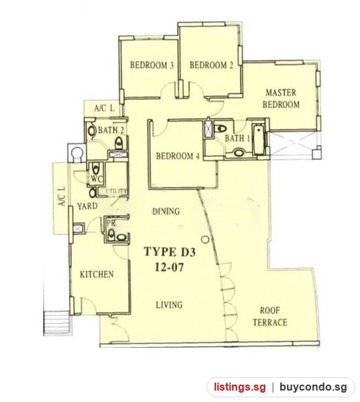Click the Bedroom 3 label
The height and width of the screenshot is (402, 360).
pos(152,65)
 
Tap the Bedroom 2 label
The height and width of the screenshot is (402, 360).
pos(211,65)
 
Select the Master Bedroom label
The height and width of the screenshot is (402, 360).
pos(281,98)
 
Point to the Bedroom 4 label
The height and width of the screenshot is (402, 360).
pos(178,156)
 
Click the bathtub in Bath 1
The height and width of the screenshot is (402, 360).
pos(258,139)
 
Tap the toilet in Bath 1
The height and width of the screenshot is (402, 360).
pos(221,128)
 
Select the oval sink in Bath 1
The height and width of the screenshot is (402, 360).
pos(239,153)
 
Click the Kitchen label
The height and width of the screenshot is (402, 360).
pos(97,275)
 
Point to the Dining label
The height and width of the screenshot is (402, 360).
pos(166,212)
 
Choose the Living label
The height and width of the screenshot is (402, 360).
pos(170,305)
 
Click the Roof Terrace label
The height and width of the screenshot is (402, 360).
pos(270,317)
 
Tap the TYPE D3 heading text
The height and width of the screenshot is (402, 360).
pos(170,251)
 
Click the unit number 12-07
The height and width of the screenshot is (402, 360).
pos(169,267)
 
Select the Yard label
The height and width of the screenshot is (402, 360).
pos(87,206)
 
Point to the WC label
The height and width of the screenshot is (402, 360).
pos(97,179)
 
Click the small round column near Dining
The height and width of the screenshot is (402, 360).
pos(204,240)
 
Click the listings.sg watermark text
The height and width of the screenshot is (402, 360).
pos(240,387)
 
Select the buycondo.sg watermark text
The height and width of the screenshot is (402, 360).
pos(313,387)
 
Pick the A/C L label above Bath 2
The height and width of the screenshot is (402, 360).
pos(104,109)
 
